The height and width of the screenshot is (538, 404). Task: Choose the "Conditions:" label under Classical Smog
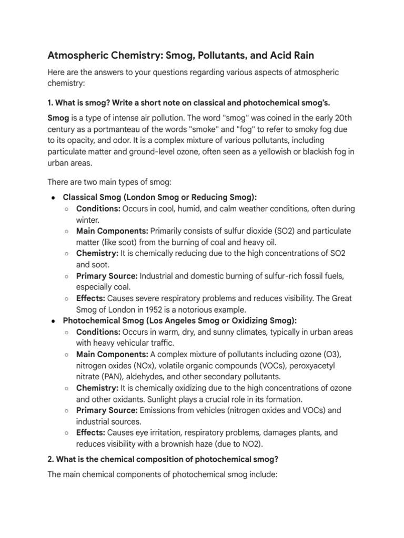coord(98,209)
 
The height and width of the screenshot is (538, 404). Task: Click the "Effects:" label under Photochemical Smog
coord(90,432)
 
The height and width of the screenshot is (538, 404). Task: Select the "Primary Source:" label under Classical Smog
coord(107,276)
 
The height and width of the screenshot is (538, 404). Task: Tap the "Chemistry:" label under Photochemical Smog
coord(97,388)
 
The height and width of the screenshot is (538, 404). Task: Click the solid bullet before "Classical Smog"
coord(54,198)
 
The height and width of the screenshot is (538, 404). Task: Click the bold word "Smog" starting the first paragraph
coord(58,118)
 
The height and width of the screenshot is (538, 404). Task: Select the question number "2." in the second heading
coord(51,459)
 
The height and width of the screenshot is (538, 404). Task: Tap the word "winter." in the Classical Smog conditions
coord(89,220)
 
